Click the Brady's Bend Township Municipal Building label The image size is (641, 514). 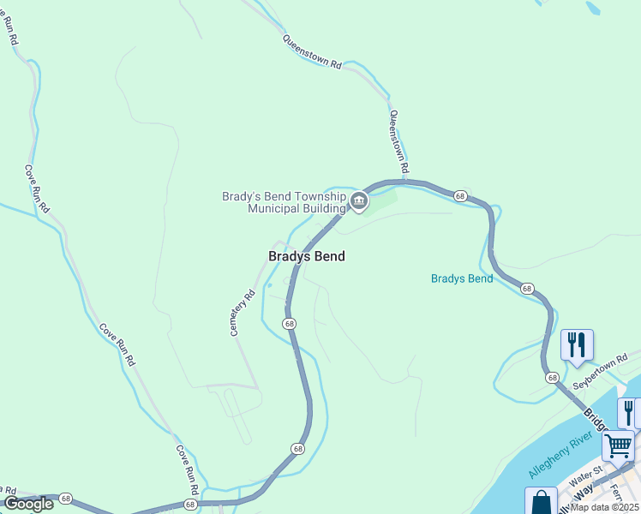coord(284,201)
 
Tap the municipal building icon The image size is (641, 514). coord(358,202)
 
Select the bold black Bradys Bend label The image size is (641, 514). coord(307,256)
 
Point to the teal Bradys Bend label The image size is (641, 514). coord(462,278)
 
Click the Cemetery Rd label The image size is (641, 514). coord(243,313)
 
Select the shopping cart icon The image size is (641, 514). coord(618,445)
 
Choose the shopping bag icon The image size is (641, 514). coord(541,502)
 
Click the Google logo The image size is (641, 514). coord(28,504)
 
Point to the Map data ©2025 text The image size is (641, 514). coord(605,507)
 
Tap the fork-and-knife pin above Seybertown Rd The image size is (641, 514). coord(577,345)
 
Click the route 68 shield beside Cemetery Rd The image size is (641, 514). coord(290,323)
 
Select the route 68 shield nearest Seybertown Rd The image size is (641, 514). coord(553,377)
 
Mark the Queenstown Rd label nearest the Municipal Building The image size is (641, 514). coord(399,141)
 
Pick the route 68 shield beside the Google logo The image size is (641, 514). coord(66,498)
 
